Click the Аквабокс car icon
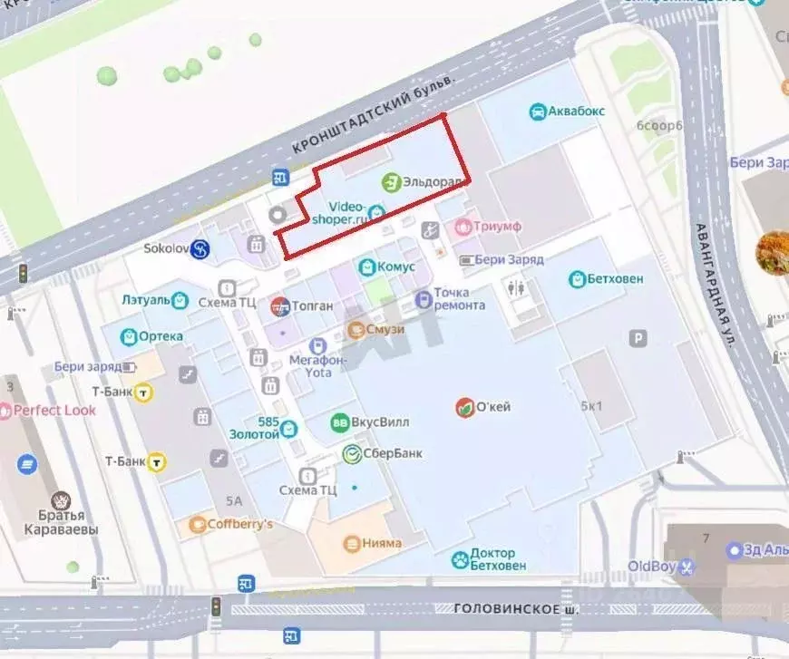pyautogui.click(x=537, y=111)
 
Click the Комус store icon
pyautogui.click(x=366, y=267)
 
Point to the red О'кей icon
pyautogui.click(x=464, y=407)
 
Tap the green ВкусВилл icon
pyautogui.click(x=340, y=422)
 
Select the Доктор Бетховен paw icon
pyautogui.click(x=460, y=559)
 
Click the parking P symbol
pyautogui.click(x=639, y=338)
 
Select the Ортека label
pyautogui.click(x=161, y=336)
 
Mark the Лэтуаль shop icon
pyautogui.click(x=180, y=299)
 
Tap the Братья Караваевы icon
pyautogui.click(x=61, y=500)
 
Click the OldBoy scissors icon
pyautogui.click(x=687, y=567)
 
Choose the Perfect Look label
pyautogui.click(x=54, y=410)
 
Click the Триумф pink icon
pyautogui.click(x=463, y=226)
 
